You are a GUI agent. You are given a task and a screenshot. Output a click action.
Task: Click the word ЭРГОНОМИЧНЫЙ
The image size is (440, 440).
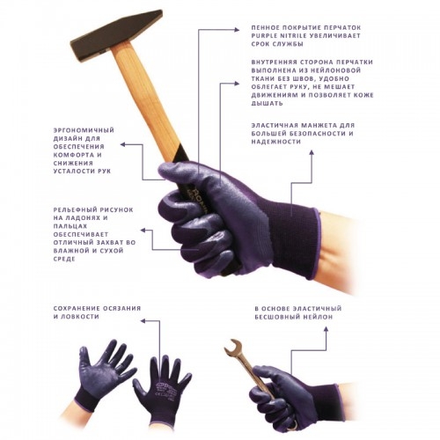(x=84, y=130)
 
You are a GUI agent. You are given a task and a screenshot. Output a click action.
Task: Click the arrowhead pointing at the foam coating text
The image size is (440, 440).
(x=237, y=29)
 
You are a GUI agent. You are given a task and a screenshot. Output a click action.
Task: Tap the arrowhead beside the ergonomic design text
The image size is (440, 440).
(x=123, y=144)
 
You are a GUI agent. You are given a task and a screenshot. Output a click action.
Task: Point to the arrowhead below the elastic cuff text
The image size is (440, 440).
(x=312, y=152)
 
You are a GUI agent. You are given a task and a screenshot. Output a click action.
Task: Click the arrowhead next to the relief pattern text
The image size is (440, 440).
(x=143, y=230)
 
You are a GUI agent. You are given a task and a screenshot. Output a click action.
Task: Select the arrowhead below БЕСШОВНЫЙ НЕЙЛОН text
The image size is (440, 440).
(x=326, y=329)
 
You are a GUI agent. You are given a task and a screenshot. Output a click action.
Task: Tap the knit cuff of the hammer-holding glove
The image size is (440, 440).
(x=297, y=238)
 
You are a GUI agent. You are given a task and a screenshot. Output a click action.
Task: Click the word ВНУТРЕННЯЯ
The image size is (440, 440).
(x=274, y=62)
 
